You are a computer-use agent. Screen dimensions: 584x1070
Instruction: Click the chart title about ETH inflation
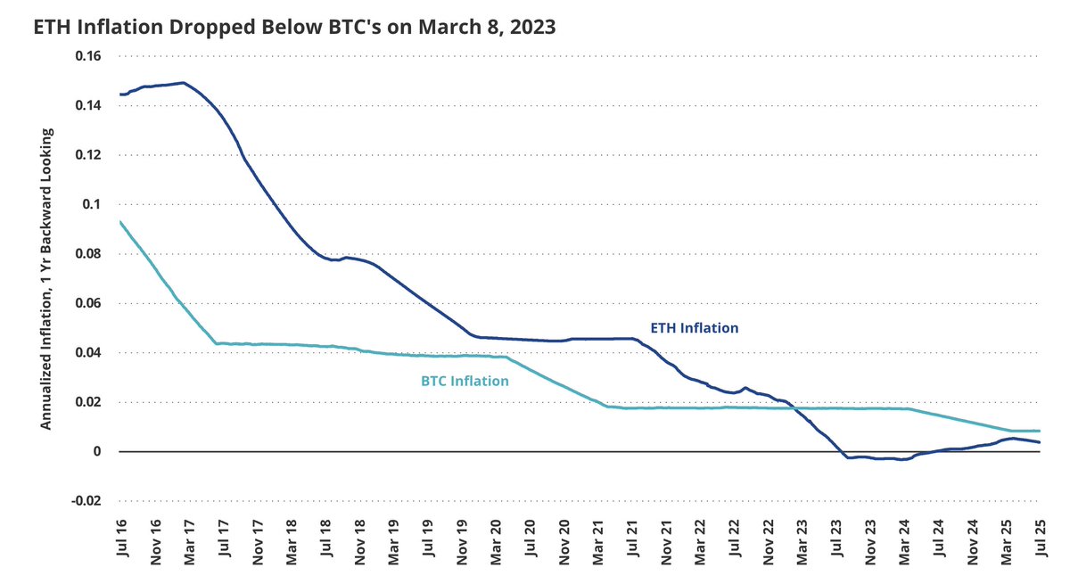295,27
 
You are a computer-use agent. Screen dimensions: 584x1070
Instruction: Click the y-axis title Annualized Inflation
47,279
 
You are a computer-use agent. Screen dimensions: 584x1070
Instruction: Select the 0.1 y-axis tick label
94,204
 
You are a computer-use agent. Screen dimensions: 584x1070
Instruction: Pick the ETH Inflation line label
694,328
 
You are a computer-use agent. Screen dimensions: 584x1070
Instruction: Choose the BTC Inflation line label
465,382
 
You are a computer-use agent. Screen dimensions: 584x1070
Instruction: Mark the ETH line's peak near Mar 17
183,83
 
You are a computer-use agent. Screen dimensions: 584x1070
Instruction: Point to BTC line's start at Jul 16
119,222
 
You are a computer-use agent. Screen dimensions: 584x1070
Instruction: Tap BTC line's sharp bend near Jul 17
216,343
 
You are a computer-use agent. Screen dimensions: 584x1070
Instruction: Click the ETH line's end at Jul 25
1040,442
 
